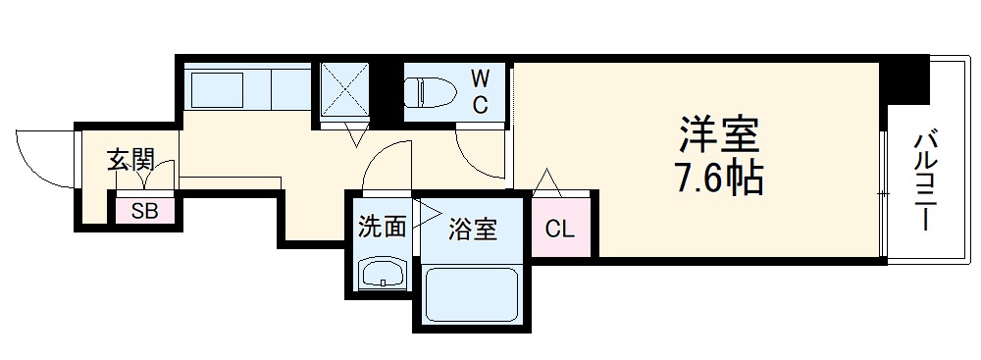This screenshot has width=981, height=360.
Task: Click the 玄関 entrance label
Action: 129,159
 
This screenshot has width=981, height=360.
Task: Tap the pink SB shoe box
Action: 145,209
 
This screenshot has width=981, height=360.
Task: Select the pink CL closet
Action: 559,230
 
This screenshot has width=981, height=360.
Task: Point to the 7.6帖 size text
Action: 719,179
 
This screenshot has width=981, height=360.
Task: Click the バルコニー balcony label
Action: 924,182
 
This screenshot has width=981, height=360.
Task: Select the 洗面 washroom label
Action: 381,229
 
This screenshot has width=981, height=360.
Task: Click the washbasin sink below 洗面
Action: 382,274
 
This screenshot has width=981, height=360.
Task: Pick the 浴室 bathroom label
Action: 473,231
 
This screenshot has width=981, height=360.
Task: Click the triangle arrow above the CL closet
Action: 546,181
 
